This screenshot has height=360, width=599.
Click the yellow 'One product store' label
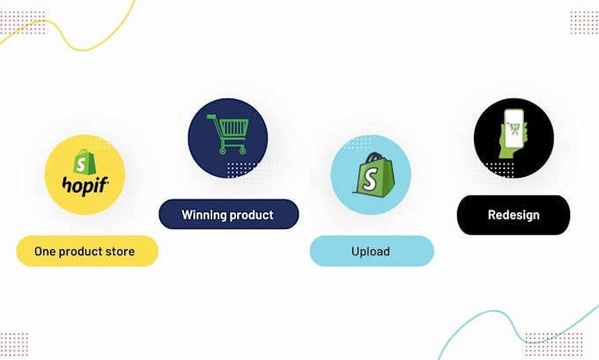86,252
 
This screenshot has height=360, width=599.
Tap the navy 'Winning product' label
228,215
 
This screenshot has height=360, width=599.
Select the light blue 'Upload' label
371,252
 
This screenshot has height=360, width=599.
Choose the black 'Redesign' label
514,215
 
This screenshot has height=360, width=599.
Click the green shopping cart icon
227,135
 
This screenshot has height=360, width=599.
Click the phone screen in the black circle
514,130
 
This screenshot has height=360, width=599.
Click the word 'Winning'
204,215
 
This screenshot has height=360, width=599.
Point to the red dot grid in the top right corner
584,23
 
